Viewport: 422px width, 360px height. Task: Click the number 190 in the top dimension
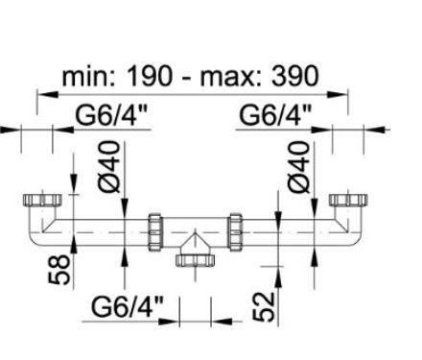[x=150, y=77]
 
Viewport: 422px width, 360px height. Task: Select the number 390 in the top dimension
[x=295, y=77]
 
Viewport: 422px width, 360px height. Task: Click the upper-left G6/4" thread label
[x=111, y=115]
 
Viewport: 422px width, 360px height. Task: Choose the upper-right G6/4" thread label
[x=275, y=115]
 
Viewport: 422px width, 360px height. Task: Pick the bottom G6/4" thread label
[x=128, y=306]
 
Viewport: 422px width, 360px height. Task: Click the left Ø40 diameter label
[x=109, y=166]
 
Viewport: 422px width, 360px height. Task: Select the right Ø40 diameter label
[x=298, y=167]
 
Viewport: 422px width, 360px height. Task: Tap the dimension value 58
[x=59, y=270]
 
